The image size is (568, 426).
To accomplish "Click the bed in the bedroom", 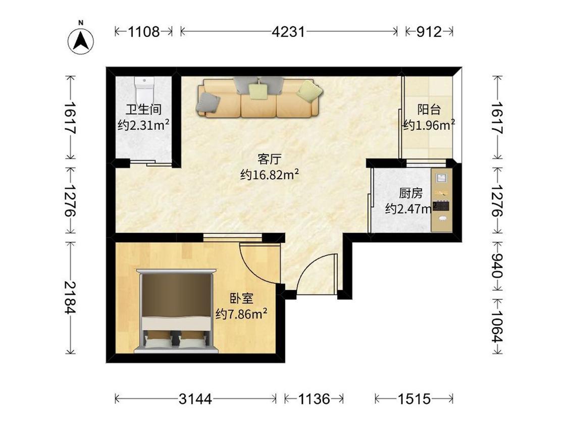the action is pyautogui.click(x=176, y=310).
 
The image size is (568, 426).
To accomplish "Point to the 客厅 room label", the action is pyautogui.click(x=269, y=158).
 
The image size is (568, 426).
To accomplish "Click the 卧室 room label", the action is pyautogui.click(x=242, y=298).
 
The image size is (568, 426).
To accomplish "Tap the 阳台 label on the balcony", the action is pyautogui.click(x=429, y=109).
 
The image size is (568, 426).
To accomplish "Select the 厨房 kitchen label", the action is pyautogui.click(x=411, y=193).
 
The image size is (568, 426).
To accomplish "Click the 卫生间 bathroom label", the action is pyautogui.click(x=144, y=109).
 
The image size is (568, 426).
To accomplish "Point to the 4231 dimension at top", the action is pyautogui.click(x=288, y=32).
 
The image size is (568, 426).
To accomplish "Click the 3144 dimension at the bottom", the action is pyautogui.click(x=195, y=399).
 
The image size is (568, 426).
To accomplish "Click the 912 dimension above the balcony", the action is pyautogui.click(x=429, y=32).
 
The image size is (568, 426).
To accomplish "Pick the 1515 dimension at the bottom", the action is pyautogui.click(x=414, y=399).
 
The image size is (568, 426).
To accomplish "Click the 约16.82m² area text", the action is pyautogui.click(x=270, y=175).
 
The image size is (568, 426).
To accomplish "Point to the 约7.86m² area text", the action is pyautogui.click(x=241, y=313).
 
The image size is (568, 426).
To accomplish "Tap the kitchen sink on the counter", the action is pyautogui.click(x=442, y=178).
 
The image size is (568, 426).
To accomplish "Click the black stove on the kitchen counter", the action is pyautogui.click(x=442, y=206).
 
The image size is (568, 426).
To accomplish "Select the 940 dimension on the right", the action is pyautogui.click(x=496, y=265).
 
